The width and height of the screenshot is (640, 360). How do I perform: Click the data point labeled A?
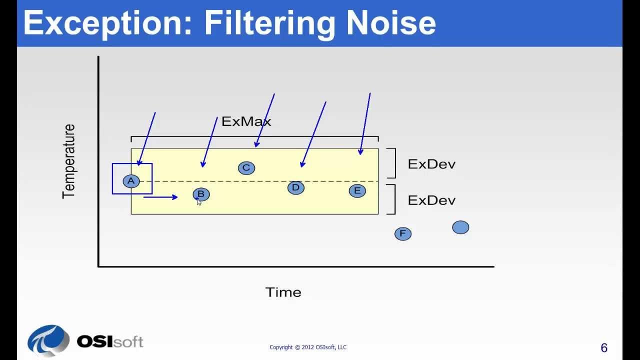pos(131,181)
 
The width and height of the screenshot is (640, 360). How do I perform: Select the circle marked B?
pos(201,194)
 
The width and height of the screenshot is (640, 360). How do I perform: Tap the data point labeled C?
pos(246,168)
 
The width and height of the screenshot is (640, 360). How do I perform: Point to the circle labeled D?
pos(295,187)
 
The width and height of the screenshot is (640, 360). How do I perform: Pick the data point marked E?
pos(357,190)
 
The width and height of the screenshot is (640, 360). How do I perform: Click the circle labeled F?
pos(402,233)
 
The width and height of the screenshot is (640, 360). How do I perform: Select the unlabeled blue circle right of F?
pos(460,227)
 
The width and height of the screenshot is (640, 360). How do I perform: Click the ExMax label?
pos(246,121)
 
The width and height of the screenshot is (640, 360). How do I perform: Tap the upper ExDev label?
pos(431,164)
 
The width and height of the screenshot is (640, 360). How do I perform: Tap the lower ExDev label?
pos(431,200)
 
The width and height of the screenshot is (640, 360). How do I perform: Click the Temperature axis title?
pos(68,161)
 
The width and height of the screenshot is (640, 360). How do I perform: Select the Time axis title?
pos(283,292)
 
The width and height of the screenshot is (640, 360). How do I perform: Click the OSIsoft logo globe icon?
pos(48,340)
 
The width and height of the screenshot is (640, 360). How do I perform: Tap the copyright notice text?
pos(307,347)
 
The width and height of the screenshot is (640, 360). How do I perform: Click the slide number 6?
pos(603,348)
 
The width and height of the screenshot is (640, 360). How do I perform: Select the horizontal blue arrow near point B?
pos(160,197)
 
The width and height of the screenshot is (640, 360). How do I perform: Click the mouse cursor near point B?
pos(198,201)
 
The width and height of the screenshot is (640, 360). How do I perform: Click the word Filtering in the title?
pos(269,23)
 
